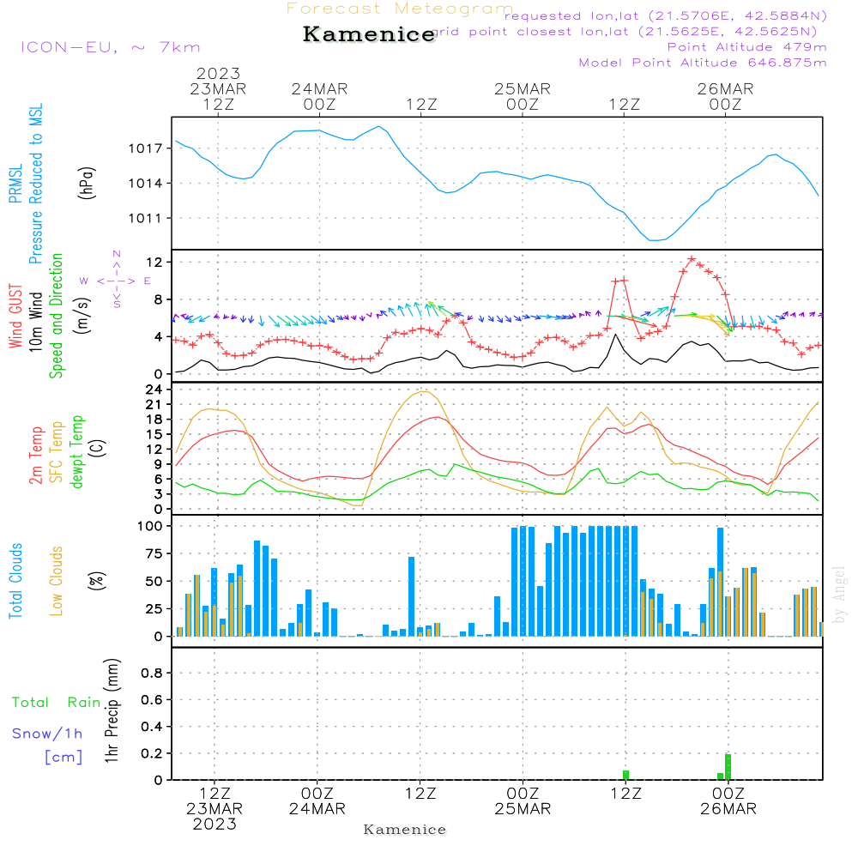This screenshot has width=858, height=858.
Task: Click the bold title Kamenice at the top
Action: click(x=369, y=35)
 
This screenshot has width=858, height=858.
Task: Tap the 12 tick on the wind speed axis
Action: click(x=157, y=261)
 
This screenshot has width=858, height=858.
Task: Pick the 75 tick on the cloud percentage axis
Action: click(x=156, y=554)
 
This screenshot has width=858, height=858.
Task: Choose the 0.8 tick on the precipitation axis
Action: click(x=153, y=673)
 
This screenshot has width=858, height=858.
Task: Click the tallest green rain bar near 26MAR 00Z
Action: click(x=728, y=766)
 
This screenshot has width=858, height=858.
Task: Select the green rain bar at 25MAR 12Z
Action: click(x=625, y=775)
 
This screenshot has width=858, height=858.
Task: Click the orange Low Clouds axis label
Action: click(x=57, y=580)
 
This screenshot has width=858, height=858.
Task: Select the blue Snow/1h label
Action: click(x=48, y=734)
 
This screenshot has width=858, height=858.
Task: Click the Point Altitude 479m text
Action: click(x=746, y=46)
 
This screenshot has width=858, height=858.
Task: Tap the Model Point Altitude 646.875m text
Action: click(x=703, y=63)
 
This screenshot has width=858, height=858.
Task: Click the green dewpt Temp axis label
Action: click(x=78, y=452)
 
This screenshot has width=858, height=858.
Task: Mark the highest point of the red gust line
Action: click(x=692, y=258)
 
